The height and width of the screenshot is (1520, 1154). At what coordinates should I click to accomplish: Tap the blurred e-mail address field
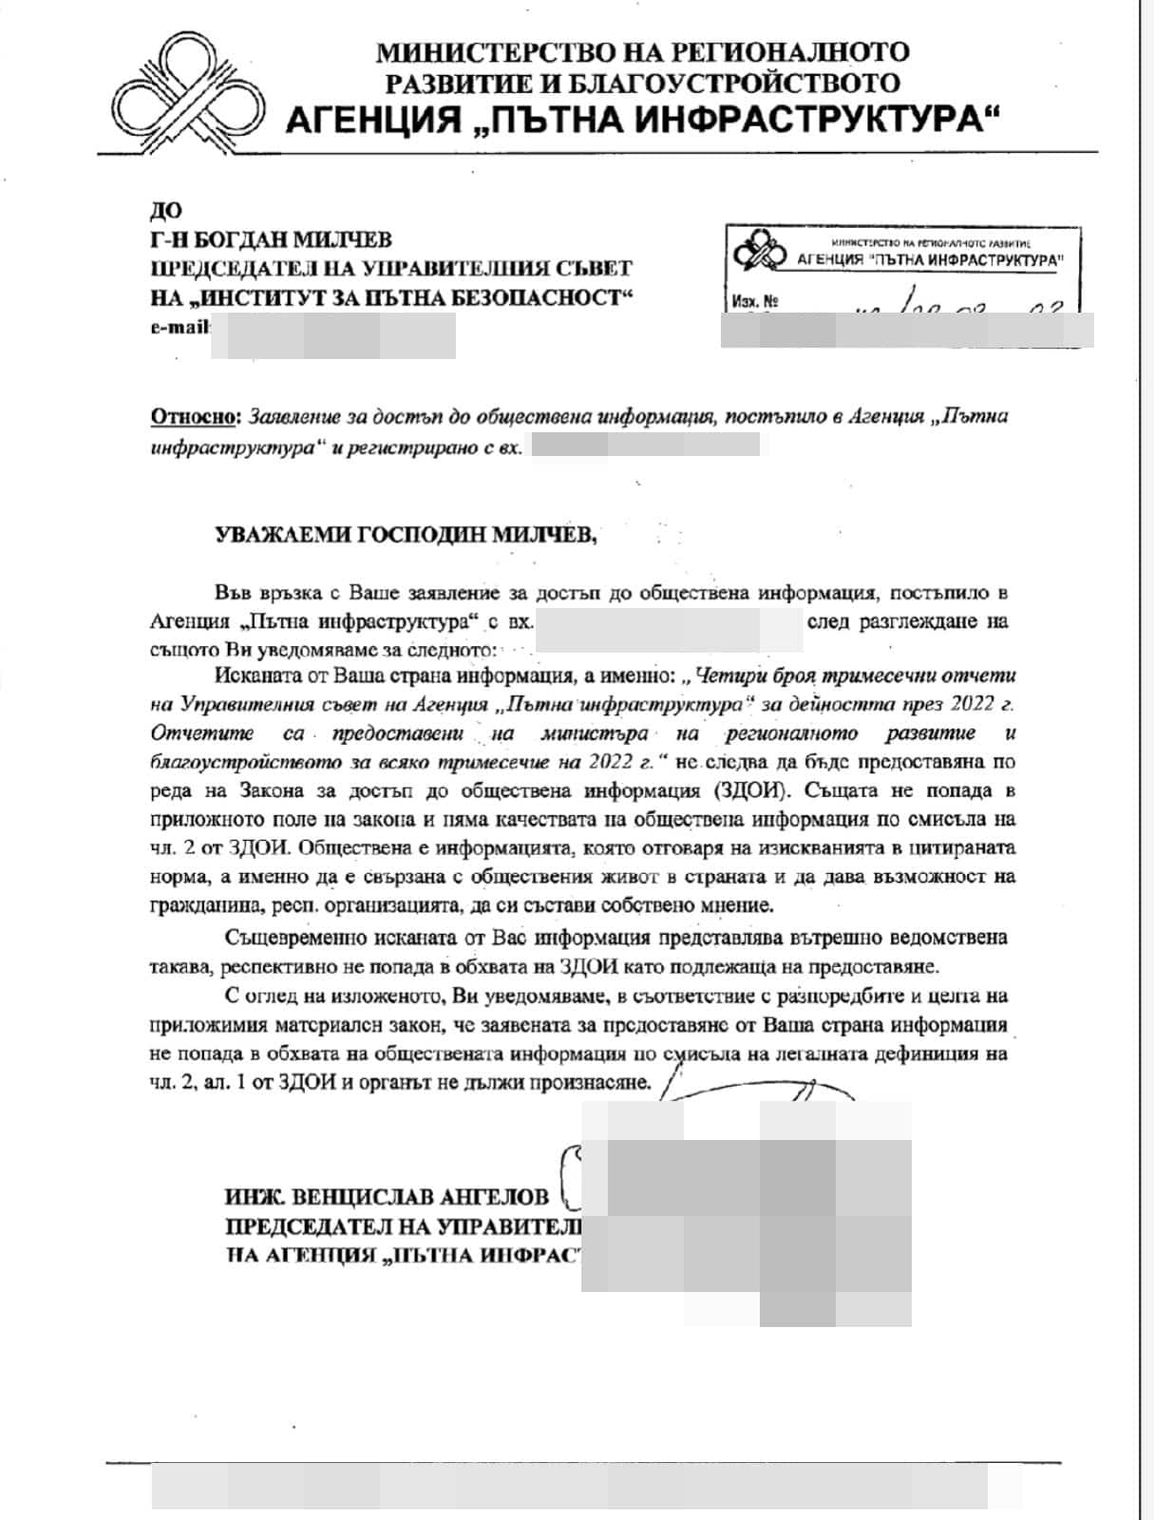[x=332, y=335]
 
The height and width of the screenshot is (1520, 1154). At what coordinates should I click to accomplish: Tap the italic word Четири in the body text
[x=729, y=676]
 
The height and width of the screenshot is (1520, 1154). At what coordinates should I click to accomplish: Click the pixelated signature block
[x=746, y=1211]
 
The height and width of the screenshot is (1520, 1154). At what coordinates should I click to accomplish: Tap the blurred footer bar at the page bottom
[x=587, y=1488]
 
